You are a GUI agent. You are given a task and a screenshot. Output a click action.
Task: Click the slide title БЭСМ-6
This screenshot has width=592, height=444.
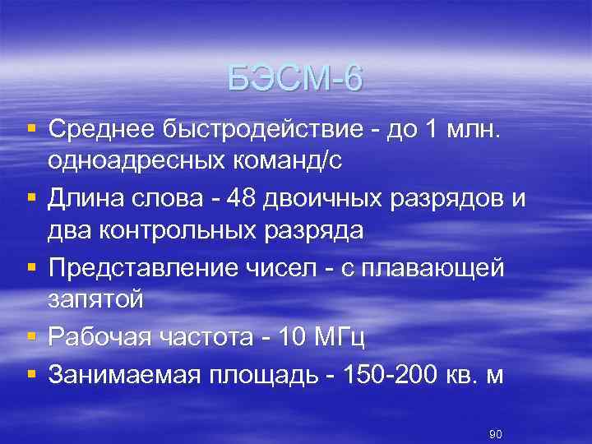[295, 80]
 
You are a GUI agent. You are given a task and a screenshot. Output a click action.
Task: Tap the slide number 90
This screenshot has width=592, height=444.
[495, 433]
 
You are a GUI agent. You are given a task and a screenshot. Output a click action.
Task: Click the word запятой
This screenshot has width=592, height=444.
[96, 300]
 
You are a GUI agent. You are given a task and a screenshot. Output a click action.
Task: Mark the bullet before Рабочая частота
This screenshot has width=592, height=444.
[31, 335]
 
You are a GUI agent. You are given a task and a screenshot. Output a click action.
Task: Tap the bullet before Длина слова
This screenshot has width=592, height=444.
[31, 197]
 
